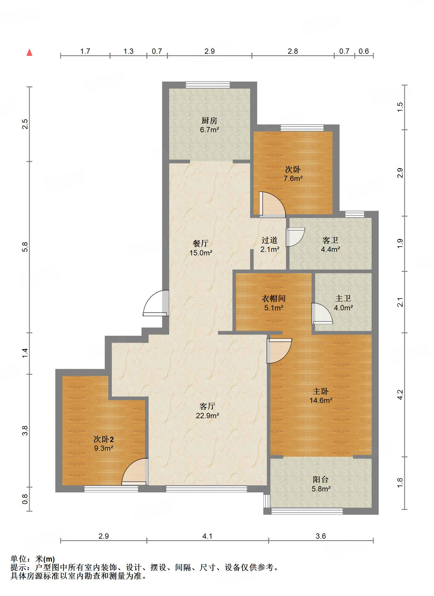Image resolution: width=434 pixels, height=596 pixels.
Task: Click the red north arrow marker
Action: [x=29, y=52]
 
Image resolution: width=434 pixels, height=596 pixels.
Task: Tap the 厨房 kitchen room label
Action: [x=209, y=120]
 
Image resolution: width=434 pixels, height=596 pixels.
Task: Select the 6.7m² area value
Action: [x=209, y=130]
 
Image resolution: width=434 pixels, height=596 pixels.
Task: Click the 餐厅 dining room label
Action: [x=201, y=243]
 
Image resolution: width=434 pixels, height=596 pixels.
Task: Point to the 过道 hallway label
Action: [x=270, y=240]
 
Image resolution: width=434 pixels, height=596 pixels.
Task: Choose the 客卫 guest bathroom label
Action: [x=330, y=240]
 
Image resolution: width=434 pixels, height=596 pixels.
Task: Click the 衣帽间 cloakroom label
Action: [x=274, y=299]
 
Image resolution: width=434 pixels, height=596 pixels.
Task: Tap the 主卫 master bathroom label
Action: [x=343, y=299]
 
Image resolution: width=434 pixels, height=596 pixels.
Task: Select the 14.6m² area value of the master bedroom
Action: [x=321, y=400]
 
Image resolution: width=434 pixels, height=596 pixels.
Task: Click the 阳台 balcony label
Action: [x=321, y=480]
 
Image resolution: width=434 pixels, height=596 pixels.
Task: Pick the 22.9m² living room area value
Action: [x=207, y=416]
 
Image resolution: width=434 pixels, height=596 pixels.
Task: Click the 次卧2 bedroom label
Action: [x=104, y=439]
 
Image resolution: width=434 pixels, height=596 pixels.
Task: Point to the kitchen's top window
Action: [x=208, y=85]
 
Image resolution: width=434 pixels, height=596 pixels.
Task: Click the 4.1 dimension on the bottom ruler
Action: [x=207, y=536]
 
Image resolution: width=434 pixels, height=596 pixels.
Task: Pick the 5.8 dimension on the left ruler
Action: [x=25, y=247]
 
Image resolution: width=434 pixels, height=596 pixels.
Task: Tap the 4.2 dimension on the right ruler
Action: [x=400, y=395]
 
